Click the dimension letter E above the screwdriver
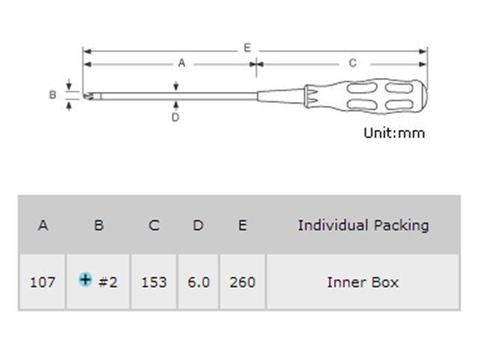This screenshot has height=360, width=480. click(x=247, y=47)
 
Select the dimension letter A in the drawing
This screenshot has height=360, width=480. click(x=181, y=64)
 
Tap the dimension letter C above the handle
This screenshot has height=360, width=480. click(x=352, y=64)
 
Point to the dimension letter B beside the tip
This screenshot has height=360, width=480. click(x=52, y=95)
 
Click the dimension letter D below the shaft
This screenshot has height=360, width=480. click(x=175, y=117)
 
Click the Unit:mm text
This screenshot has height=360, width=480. click(x=394, y=133)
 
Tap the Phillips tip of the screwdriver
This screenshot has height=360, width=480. click(x=88, y=95)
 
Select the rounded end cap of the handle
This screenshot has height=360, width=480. click(x=421, y=95)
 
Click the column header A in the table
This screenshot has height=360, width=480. click(x=43, y=225)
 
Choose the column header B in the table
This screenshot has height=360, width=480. click(x=98, y=225)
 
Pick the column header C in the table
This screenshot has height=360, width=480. click(x=154, y=225)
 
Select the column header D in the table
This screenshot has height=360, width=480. click(x=198, y=225)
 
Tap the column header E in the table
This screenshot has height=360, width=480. click(x=242, y=225)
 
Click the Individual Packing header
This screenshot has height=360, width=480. click(x=363, y=225)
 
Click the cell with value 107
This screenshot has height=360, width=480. click(x=43, y=283)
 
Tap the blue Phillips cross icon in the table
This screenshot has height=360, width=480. click(x=85, y=280)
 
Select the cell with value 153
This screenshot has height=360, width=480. click(x=154, y=283)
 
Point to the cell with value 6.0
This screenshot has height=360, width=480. click(x=198, y=283)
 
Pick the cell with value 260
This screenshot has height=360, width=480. click(x=242, y=283)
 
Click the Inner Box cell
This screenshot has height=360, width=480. click(x=363, y=283)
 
